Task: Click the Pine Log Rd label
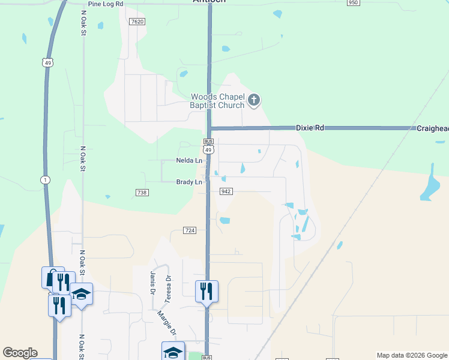(105, 4)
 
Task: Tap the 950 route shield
(353, 3)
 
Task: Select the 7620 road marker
(137, 22)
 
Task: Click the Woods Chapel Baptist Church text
(217, 101)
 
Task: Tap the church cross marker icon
(254, 100)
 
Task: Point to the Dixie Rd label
(310, 128)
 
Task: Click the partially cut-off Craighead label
(432, 128)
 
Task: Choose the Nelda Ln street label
(188, 161)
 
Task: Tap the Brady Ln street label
(188, 182)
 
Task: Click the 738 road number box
(142, 193)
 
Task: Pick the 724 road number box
(190, 230)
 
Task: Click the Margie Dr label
(166, 323)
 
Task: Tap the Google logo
(20, 353)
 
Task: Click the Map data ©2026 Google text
(411, 355)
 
